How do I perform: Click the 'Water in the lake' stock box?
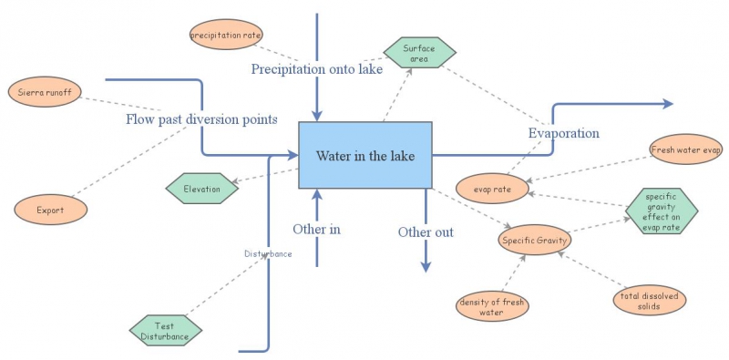click(x=364, y=156)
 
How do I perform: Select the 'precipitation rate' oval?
click(x=226, y=36)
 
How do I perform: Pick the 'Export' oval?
click(x=50, y=210)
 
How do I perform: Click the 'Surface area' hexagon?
click(x=419, y=53)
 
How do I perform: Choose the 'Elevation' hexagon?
click(x=201, y=189)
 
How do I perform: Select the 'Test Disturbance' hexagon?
click(x=165, y=331)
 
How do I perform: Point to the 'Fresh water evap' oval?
click(x=685, y=149)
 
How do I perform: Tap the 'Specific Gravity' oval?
click(x=534, y=241)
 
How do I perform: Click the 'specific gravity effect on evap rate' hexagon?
click(x=661, y=211)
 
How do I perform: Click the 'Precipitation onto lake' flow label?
click(x=316, y=68)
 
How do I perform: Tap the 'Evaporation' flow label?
click(x=564, y=133)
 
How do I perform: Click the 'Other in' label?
click(x=316, y=229)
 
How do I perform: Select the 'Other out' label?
click(x=426, y=232)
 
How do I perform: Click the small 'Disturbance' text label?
click(x=268, y=253)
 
